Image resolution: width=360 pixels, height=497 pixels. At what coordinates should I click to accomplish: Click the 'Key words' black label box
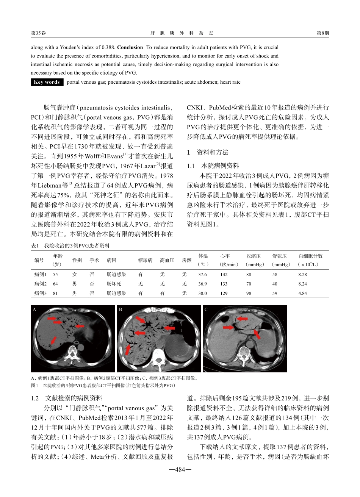point(47,82)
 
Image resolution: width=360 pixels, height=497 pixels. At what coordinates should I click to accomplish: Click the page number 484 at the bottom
point(180,470)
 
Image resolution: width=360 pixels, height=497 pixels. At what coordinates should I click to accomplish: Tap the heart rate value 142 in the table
point(224,274)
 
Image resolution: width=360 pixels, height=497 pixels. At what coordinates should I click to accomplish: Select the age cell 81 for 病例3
point(55,293)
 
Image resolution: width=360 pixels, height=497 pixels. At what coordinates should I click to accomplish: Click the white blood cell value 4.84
point(302,293)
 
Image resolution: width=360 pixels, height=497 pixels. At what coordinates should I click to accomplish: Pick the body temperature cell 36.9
point(203,284)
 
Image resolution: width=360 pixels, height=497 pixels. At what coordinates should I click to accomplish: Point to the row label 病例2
point(41,284)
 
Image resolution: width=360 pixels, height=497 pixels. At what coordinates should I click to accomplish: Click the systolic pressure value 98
point(249,293)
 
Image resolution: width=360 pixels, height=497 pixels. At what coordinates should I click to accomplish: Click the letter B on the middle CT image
point(121,309)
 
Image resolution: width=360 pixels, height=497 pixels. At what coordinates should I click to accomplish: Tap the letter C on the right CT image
point(206,309)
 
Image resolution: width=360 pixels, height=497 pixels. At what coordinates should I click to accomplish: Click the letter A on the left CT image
point(34,309)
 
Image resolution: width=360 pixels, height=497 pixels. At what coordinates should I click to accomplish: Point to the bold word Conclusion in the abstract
point(130,48)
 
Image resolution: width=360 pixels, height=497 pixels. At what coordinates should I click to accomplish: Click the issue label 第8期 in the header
point(322,33)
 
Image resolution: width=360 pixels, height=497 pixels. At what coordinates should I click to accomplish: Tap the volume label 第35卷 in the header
point(38,33)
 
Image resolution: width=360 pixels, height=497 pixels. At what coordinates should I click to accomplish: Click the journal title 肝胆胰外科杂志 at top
point(182,33)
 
